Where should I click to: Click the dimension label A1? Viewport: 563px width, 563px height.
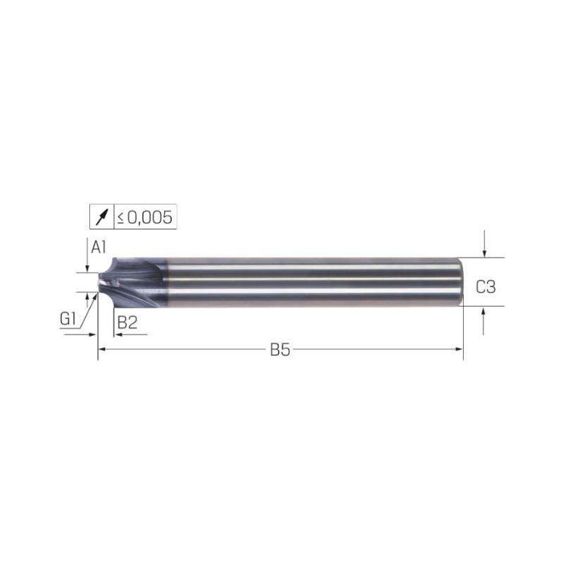click(99, 248)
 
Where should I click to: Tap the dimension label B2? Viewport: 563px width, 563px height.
click(127, 322)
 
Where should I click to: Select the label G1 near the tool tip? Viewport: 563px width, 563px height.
click(68, 319)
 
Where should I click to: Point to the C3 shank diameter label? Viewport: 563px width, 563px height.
click(486, 287)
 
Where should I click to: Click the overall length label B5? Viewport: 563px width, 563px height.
click(280, 350)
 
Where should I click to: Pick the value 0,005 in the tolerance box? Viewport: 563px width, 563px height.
click(150, 217)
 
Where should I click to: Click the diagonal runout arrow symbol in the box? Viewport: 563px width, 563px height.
click(101, 217)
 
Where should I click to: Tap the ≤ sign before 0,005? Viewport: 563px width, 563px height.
click(120, 218)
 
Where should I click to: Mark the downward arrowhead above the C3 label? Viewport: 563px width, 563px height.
click(484, 253)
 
